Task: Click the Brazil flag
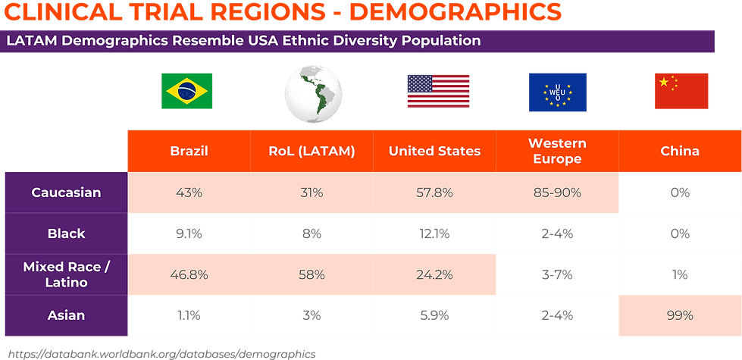186,91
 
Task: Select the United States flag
437,91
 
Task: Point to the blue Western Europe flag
557,91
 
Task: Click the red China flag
681,91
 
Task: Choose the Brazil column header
189,151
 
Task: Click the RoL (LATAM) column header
312,151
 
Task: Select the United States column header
434,151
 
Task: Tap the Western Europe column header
557,151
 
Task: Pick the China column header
680,151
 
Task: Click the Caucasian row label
66,193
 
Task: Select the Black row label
66,233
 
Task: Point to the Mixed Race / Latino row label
66,275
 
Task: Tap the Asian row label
66,315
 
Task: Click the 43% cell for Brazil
189,193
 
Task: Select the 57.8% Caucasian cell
434,193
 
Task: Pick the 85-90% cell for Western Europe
557,193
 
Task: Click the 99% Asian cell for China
680,315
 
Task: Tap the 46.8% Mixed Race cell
189,275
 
